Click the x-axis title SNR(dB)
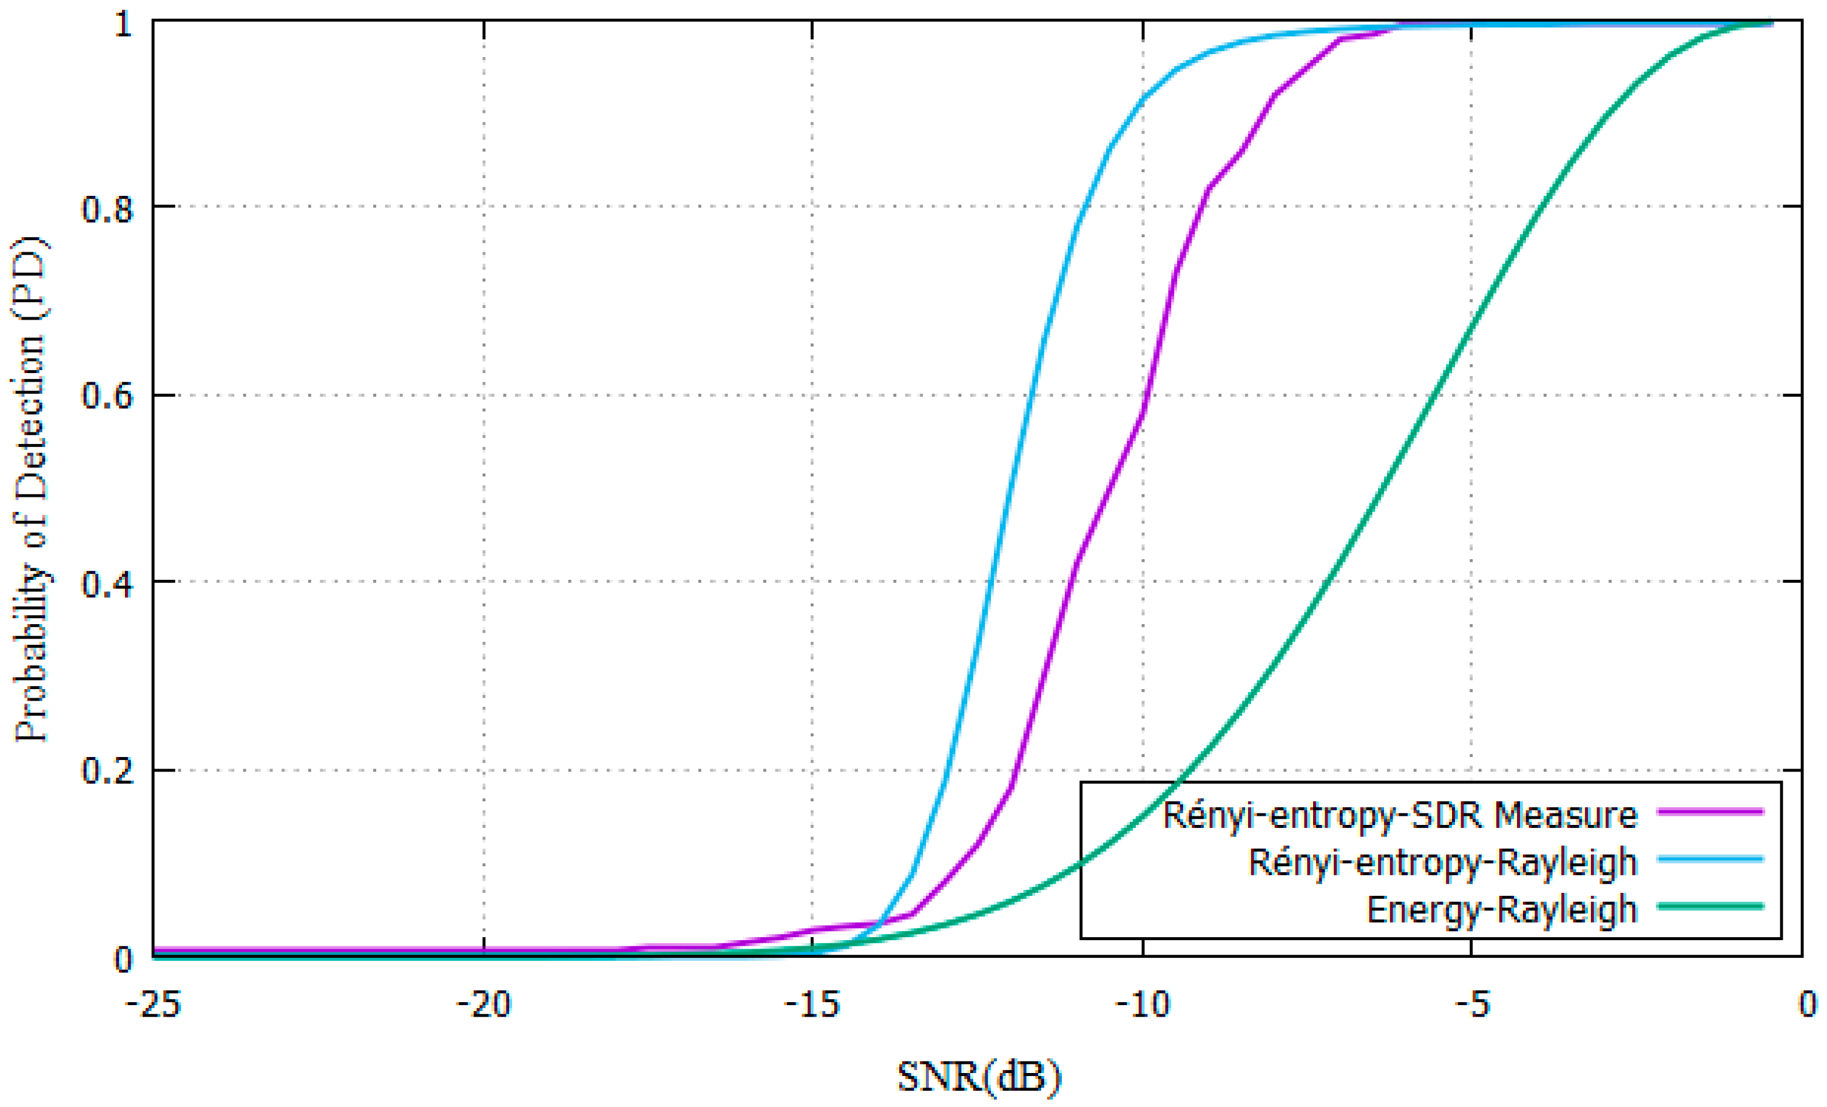[x=979, y=1077]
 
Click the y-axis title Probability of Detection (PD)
[x=31, y=490]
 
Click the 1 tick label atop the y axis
[x=123, y=24]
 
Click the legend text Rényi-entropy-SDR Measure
[x=1399, y=816]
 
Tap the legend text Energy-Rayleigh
[x=1502, y=909]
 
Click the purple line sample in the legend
[x=1710, y=812]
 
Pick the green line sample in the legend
[x=1710, y=906]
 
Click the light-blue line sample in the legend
[x=1710, y=860]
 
